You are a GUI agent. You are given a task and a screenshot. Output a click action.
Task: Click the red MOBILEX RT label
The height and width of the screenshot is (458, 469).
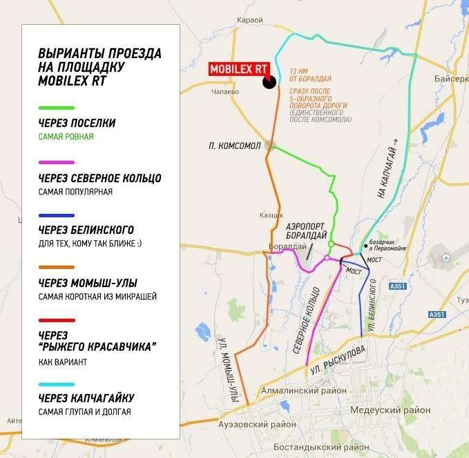(238, 69)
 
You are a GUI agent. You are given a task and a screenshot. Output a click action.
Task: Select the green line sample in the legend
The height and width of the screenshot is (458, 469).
(57, 108)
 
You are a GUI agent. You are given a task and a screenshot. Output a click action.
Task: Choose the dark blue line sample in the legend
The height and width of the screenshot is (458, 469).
(57, 215)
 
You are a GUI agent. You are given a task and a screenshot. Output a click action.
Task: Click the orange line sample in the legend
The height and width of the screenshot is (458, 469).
(57, 268)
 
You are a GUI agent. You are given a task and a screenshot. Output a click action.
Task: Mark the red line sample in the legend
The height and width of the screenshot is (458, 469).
(57, 320)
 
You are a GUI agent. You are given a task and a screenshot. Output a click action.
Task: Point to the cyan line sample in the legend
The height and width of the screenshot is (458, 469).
(57, 383)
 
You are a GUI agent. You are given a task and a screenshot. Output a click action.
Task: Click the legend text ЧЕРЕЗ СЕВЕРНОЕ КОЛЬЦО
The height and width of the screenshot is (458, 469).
(99, 179)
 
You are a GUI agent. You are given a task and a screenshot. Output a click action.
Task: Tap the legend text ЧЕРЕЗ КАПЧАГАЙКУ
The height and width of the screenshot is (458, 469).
(86, 398)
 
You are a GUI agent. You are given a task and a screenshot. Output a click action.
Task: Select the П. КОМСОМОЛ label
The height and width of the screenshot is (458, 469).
(234, 146)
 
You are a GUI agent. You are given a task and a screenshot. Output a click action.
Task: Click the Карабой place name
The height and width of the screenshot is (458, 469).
(249, 20)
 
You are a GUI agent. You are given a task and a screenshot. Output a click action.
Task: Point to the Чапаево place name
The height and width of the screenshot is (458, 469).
(226, 91)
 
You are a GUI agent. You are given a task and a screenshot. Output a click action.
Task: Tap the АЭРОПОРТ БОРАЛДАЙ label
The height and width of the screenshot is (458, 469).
(305, 230)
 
